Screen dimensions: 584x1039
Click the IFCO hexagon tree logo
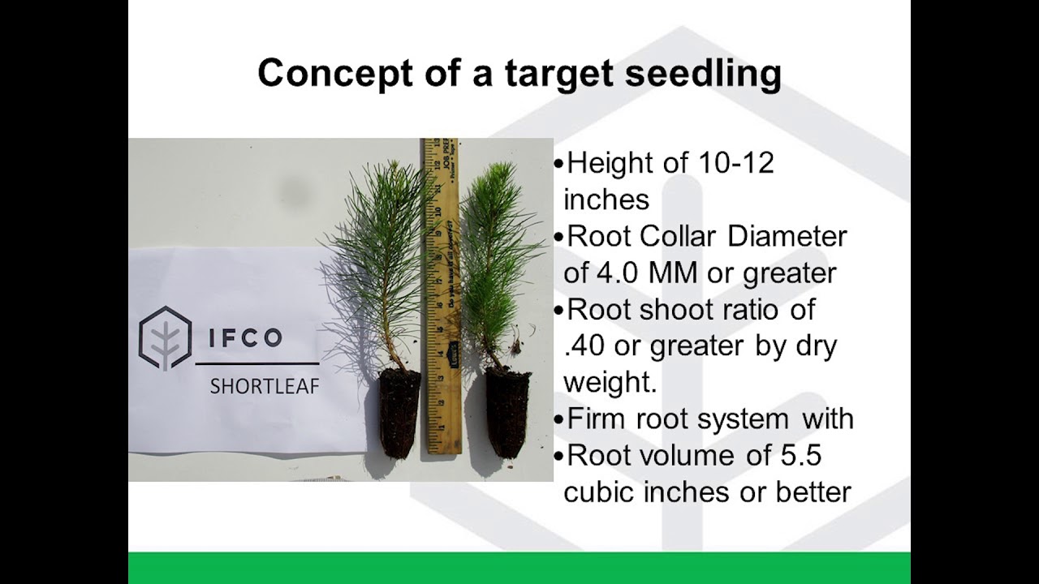point(165,338)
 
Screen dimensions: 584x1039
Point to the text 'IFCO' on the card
point(245,337)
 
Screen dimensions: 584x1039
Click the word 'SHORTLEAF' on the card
point(265,387)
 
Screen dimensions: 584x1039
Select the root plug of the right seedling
point(508,412)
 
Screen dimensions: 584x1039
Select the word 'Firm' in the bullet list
point(597,419)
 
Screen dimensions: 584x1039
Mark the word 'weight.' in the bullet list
point(610,383)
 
